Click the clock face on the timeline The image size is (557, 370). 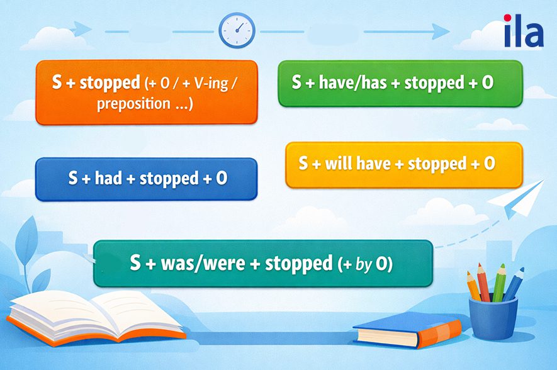click(237, 30)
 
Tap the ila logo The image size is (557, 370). click(524, 31)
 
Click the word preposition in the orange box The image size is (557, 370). click(133, 104)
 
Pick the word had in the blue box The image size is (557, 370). click(109, 178)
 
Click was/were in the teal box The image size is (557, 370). click(203, 263)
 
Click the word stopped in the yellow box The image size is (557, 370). click(437, 164)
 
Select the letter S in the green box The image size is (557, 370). click(296, 82)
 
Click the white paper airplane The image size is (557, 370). click(516, 198)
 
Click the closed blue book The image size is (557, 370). click(407, 330)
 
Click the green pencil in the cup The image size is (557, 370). click(498, 283)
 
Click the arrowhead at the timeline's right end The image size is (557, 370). click(441, 31)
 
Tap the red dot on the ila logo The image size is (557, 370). click(508, 18)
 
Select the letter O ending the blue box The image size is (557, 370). click(222, 178)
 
